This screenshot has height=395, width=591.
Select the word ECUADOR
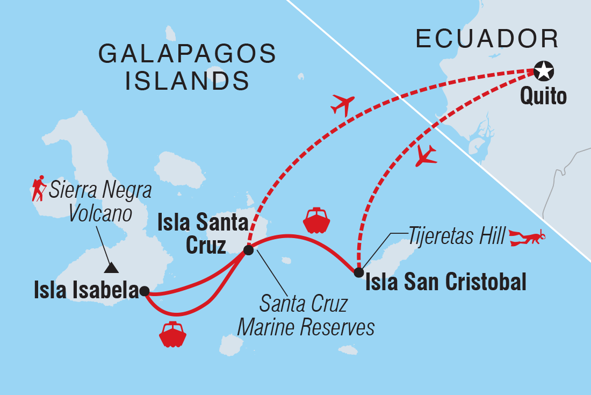[487, 39]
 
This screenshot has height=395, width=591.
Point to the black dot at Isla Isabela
[144, 291]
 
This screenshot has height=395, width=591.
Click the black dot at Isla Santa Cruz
[248, 250]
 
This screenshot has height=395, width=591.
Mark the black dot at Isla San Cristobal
[359, 272]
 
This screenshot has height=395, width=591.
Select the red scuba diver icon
[528, 237]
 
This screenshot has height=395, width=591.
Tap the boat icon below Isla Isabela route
[172, 334]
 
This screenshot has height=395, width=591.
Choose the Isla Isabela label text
[86, 291]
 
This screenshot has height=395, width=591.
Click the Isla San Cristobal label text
[445, 282]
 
